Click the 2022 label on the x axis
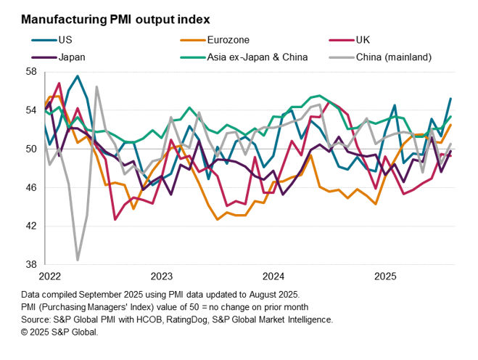[50, 277]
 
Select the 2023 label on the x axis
[162, 277]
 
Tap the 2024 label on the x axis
[273, 277]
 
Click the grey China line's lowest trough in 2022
[78, 259]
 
